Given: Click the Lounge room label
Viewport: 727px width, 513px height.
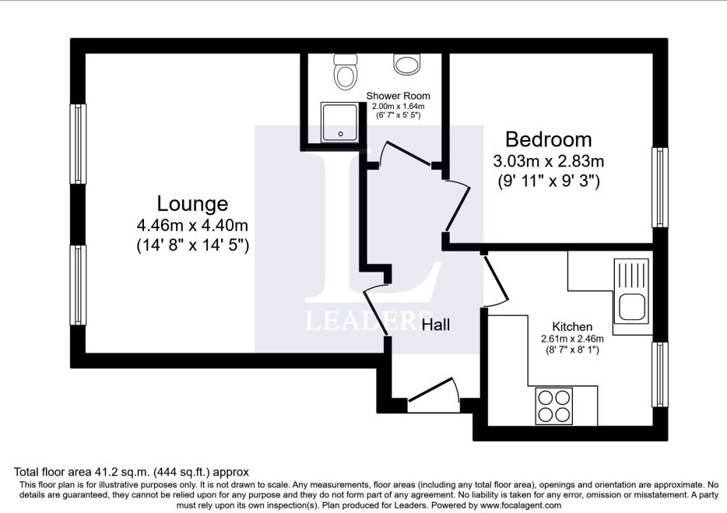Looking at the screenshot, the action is pyautogui.click(x=192, y=204).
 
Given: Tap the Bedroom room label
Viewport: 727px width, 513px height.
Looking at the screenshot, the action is pyautogui.click(x=549, y=139).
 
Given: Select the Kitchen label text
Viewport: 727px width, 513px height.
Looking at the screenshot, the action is pyautogui.click(x=572, y=326).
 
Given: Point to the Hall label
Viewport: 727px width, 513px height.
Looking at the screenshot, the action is pyautogui.click(x=435, y=324).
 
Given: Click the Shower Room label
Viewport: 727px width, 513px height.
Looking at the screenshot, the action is pyautogui.click(x=398, y=96).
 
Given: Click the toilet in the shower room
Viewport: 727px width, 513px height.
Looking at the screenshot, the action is pyautogui.click(x=346, y=72).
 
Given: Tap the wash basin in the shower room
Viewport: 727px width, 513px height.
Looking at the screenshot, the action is pyautogui.click(x=406, y=64).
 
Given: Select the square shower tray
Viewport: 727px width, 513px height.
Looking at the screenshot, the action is pyautogui.click(x=340, y=123).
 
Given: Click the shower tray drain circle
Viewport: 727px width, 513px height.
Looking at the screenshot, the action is pyautogui.click(x=341, y=134).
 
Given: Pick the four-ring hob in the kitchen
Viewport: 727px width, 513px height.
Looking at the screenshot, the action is pyautogui.click(x=554, y=406).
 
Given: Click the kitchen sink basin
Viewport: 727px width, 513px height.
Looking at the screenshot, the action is pyautogui.click(x=631, y=307).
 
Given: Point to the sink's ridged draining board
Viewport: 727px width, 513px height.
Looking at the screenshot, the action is pyautogui.click(x=631, y=275).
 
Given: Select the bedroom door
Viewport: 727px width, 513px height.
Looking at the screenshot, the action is pyautogui.click(x=458, y=206).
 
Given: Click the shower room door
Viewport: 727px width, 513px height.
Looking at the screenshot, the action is pyautogui.click(x=406, y=153).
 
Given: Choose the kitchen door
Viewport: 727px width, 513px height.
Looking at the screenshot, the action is pyautogui.click(x=496, y=280).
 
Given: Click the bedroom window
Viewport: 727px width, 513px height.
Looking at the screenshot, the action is pyautogui.click(x=660, y=188).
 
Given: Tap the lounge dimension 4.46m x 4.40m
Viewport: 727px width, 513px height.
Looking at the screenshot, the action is pyautogui.click(x=192, y=226).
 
